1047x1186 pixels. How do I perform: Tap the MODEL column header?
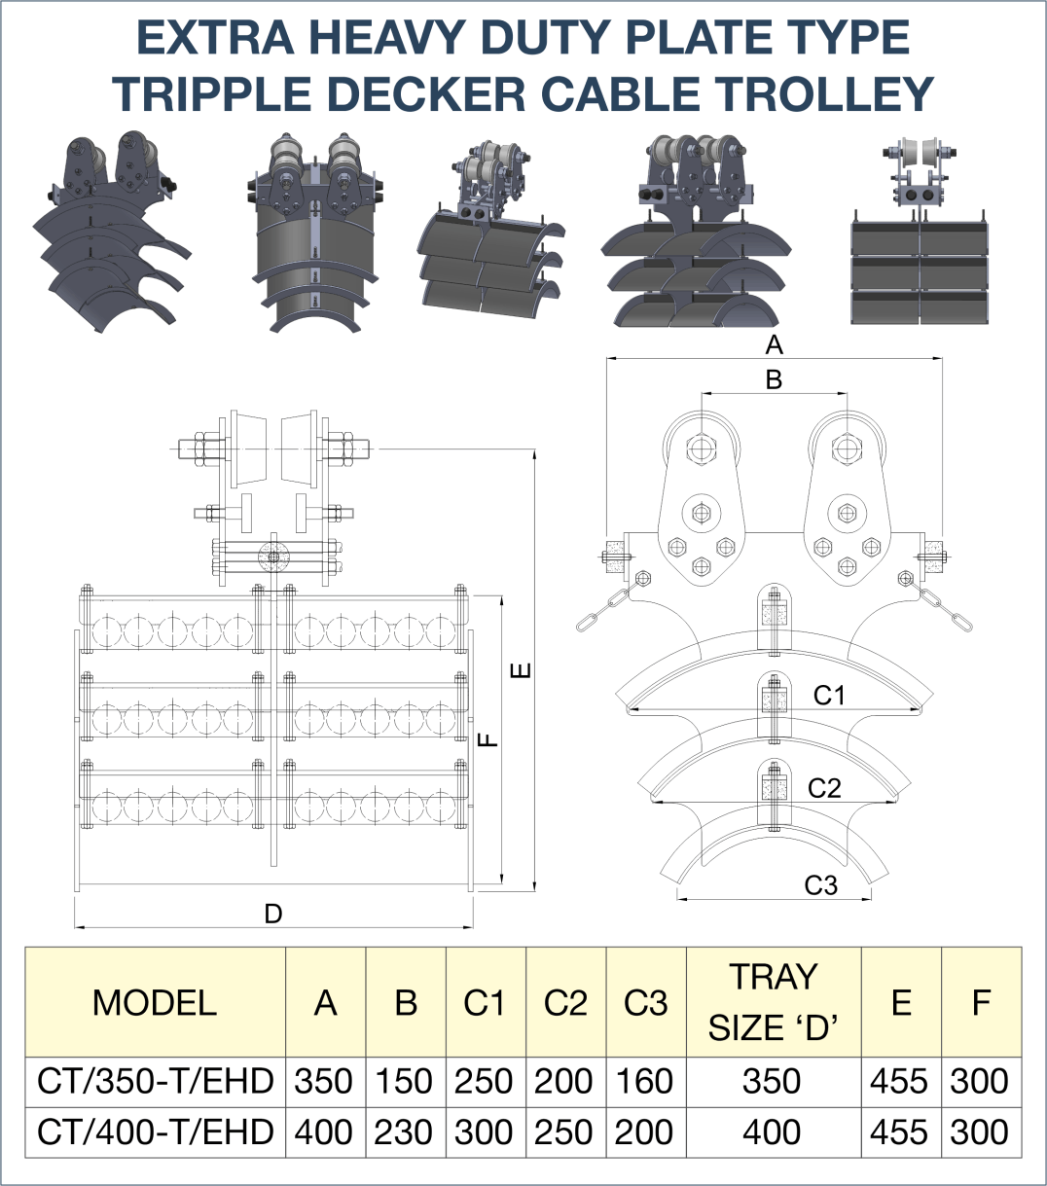pyautogui.click(x=155, y=1002)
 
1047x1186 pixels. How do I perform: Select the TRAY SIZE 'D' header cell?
pyautogui.click(x=774, y=1002)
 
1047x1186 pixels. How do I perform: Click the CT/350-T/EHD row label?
pyautogui.click(x=156, y=1081)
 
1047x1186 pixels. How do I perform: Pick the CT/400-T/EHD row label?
pyautogui.click(x=156, y=1132)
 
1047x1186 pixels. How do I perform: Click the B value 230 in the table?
pyautogui.click(x=405, y=1132)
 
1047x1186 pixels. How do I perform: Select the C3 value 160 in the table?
pyautogui.click(x=645, y=1081)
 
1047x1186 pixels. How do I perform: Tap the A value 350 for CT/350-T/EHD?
pyautogui.click(x=324, y=1081)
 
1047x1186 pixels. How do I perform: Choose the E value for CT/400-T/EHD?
pyautogui.click(x=900, y=1132)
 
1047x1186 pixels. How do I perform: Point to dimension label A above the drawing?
pyautogui.click(x=775, y=345)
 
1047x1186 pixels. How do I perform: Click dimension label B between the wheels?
pyautogui.click(x=775, y=379)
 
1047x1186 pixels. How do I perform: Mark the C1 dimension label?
pyautogui.click(x=829, y=695)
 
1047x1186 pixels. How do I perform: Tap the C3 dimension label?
pyautogui.click(x=821, y=885)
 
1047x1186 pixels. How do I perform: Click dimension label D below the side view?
pyautogui.click(x=273, y=914)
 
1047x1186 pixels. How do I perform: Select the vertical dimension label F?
pyautogui.click(x=488, y=739)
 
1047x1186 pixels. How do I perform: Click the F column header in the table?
pyautogui.click(x=981, y=1002)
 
